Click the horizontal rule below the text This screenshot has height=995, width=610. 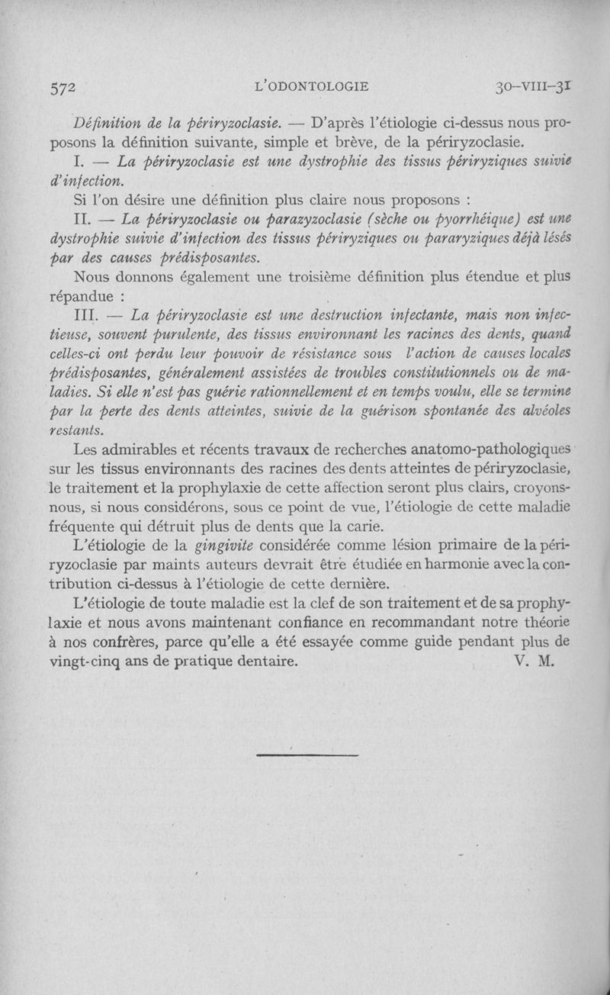[307, 755]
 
